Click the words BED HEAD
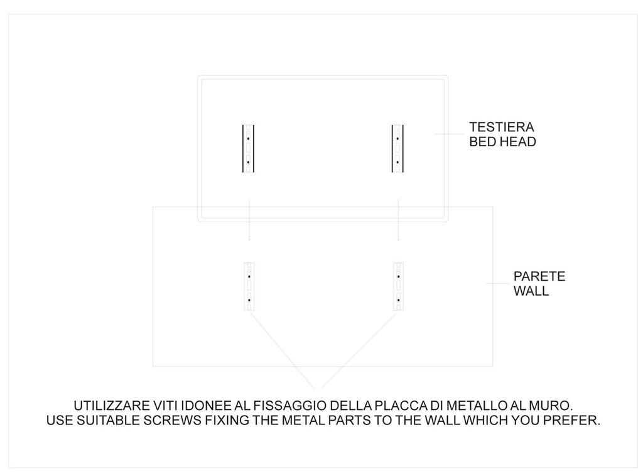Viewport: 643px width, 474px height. [502, 142]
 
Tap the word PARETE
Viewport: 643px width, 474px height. [539, 276]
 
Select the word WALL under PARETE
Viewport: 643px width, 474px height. [531, 291]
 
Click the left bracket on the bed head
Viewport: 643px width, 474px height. [248, 149]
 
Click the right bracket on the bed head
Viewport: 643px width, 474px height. [397, 149]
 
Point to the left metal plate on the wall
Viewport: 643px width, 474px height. [249, 286]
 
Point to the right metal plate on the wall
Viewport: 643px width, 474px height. [398, 286]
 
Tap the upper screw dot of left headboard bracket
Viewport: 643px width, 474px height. [249, 137]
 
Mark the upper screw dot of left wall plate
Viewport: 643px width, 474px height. [249, 276]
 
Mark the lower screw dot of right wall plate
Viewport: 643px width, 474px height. [398, 300]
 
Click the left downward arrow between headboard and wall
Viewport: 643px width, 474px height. [249, 220]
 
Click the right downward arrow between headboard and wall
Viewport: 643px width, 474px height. [399, 220]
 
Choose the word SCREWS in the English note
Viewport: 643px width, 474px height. [171, 420]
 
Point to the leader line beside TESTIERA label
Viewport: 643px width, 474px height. [450, 134]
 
